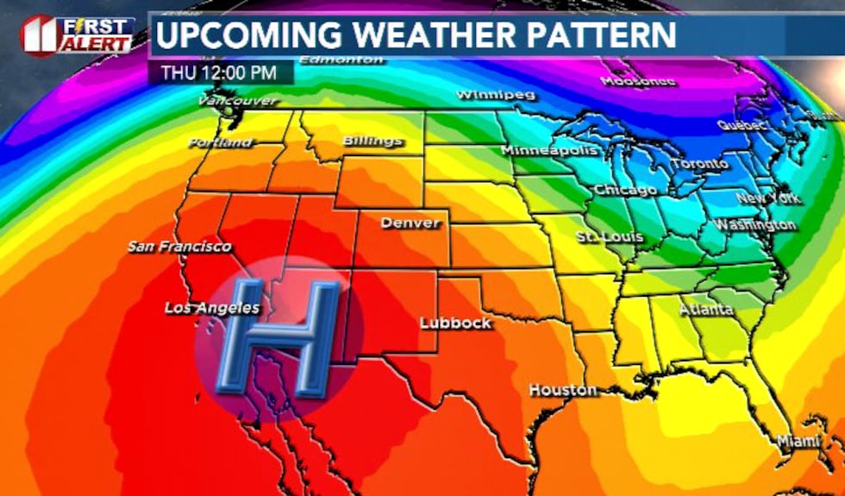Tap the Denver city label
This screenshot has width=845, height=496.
pyautogui.click(x=410, y=223)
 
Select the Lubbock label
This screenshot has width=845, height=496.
pyautogui.click(x=455, y=323)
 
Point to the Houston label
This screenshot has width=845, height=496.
pyautogui.click(x=563, y=390)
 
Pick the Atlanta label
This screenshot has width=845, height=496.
pyautogui.click(x=706, y=309)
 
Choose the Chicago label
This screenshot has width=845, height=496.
pyautogui.click(x=625, y=190)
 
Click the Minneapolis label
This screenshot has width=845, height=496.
pyautogui.click(x=549, y=151)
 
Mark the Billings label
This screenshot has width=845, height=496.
pyautogui.click(x=372, y=141)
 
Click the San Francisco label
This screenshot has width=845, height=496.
pyautogui.click(x=179, y=247)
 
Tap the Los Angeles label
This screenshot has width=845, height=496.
pyautogui.click(x=212, y=307)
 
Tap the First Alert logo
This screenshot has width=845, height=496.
pyautogui.click(x=77, y=35)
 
